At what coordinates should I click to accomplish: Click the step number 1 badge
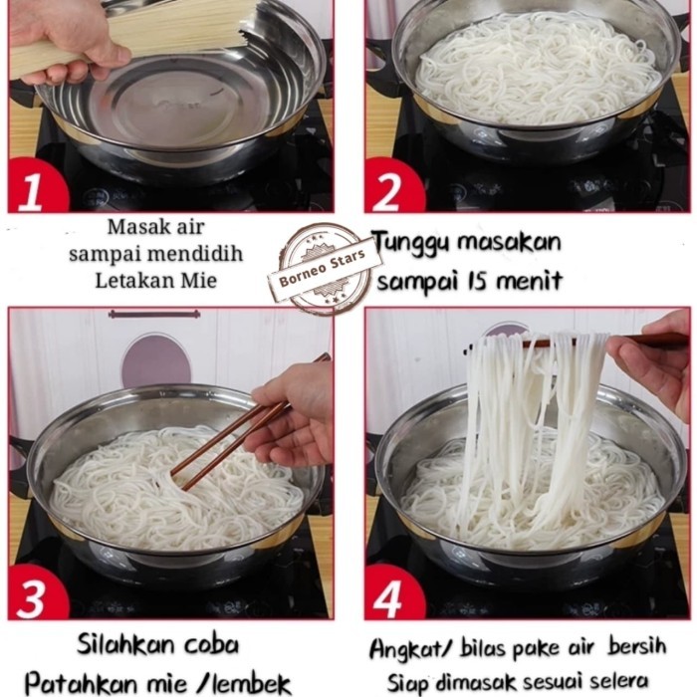(32, 189)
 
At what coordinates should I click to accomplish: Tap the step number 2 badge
(390, 189)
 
